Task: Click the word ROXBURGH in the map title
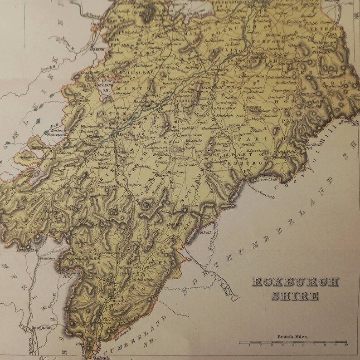point(285,281)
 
